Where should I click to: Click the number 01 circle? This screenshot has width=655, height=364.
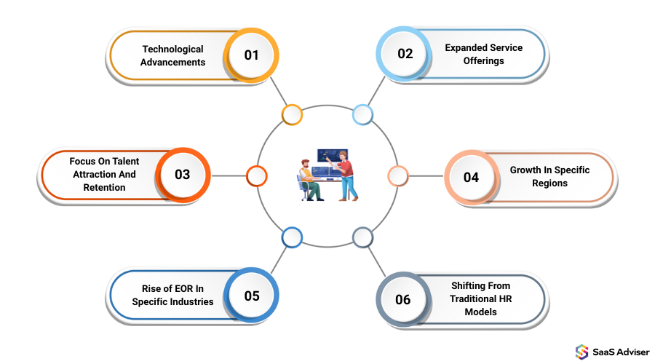(251, 55)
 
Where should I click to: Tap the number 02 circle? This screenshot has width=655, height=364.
(405, 53)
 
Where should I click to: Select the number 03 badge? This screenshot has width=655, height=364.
(182, 175)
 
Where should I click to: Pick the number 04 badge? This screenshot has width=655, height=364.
(471, 176)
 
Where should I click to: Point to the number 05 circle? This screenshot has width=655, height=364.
(251, 296)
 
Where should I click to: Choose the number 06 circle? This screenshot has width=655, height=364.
(403, 299)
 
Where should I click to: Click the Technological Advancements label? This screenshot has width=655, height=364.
(173, 55)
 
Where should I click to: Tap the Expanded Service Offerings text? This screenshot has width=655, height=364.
(483, 54)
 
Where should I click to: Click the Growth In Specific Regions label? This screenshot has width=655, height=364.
(549, 176)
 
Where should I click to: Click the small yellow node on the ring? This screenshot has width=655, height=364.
(292, 114)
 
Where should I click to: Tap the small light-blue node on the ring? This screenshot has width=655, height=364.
(362, 114)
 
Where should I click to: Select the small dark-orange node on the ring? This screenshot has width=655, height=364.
(256, 175)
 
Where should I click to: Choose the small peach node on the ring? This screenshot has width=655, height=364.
(397, 175)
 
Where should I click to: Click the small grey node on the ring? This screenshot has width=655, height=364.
(362, 237)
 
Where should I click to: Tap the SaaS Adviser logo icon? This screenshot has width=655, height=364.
(581, 351)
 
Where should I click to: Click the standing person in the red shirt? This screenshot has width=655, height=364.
(346, 175)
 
